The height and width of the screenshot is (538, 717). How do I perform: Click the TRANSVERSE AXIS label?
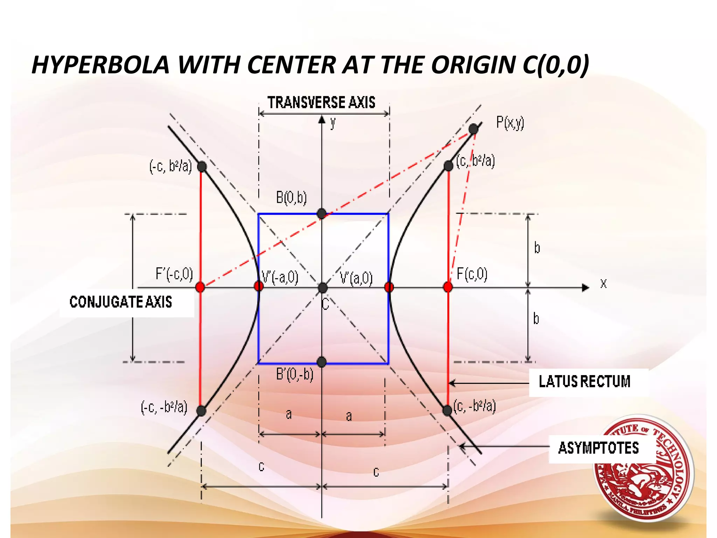[x=321, y=103]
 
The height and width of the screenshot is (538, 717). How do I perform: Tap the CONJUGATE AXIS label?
[x=121, y=302]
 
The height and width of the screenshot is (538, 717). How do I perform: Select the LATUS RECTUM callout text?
[x=584, y=381]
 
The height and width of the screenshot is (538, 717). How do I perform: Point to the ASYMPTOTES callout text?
[x=598, y=448]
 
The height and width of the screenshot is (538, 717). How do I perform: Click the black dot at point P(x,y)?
[x=473, y=129]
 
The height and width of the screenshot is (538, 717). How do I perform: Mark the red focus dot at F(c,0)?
[x=448, y=287]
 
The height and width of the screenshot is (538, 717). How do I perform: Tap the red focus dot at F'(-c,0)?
[x=200, y=287]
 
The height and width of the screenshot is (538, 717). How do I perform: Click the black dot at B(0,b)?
[x=321, y=213]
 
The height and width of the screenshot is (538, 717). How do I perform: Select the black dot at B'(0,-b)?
[x=321, y=362]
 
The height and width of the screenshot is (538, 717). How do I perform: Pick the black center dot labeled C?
[x=322, y=288]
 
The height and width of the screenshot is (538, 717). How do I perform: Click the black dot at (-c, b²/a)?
[x=202, y=166]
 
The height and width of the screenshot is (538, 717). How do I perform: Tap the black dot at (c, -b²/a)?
[x=447, y=410]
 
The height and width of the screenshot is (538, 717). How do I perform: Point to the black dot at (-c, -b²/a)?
[x=201, y=411]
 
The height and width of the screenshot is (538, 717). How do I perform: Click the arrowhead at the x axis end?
[x=585, y=288]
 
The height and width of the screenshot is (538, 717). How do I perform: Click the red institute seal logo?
[x=643, y=468]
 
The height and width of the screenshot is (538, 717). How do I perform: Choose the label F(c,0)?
[x=472, y=274]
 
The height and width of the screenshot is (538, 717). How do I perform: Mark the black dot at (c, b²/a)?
[x=448, y=166]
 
